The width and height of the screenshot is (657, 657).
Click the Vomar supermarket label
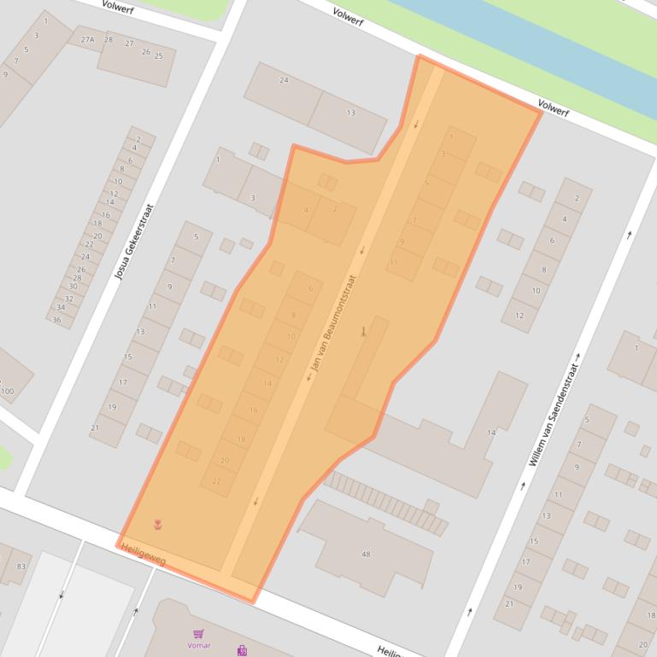point(199,645)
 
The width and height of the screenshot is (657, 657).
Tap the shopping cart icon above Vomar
point(199,634)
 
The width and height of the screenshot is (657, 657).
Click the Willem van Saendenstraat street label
point(554,415)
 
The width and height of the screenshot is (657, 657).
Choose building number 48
point(366,555)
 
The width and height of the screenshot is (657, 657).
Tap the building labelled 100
point(8,392)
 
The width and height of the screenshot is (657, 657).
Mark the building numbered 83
point(21,567)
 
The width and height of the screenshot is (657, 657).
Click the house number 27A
point(88,40)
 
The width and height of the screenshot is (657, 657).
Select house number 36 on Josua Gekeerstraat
point(57,320)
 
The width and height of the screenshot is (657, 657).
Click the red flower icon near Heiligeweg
point(157,524)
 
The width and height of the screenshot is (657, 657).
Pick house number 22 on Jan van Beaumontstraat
point(216,481)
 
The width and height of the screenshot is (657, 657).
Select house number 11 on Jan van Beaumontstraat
point(394,262)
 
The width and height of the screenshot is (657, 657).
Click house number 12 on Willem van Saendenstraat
point(519,316)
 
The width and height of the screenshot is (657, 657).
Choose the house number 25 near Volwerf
point(158,56)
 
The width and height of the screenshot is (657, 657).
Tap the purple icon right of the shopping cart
point(243,650)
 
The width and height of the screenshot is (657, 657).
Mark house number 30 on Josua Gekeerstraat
point(72,287)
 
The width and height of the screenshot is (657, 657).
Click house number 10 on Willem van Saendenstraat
point(536,291)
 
